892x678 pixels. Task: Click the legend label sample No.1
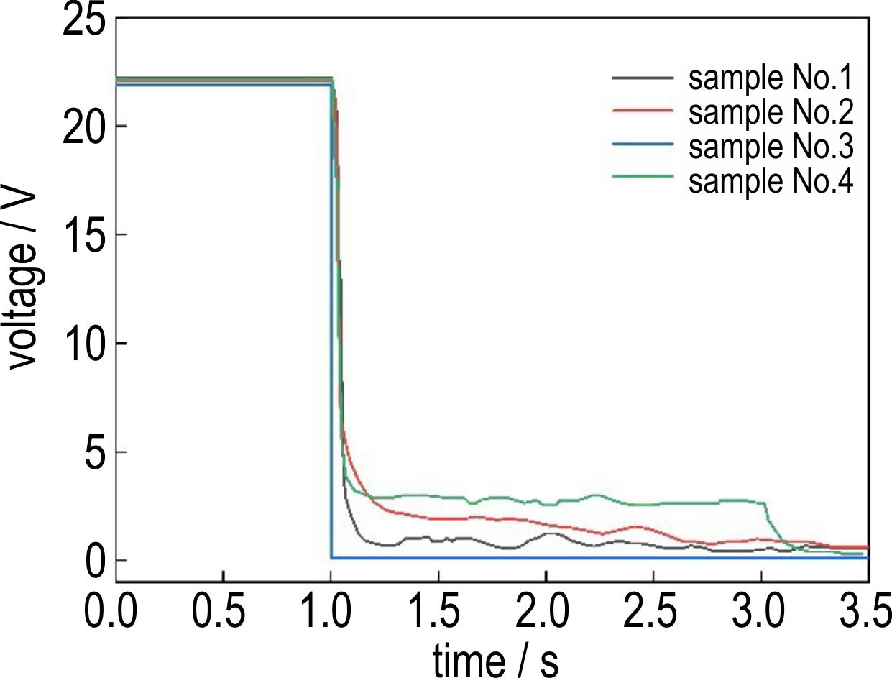(771, 78)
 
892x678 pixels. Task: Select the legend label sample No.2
(771, 112)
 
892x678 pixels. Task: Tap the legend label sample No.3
(771, 147)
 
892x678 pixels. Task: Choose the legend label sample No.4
(771, 181)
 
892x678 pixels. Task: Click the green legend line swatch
(643, 176)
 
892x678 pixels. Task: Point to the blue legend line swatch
(643, 144)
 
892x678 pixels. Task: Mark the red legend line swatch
(643, 110)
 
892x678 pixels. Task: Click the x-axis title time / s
(496, 660)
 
